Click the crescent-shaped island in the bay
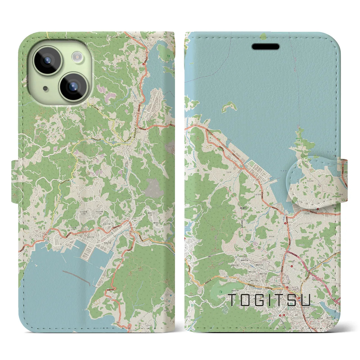228,107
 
